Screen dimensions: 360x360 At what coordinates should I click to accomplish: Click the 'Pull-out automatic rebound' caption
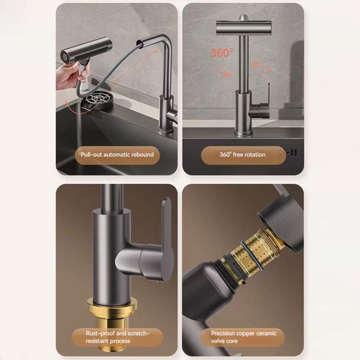pos(117,155)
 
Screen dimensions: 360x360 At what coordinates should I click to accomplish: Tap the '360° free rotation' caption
pos(242,155)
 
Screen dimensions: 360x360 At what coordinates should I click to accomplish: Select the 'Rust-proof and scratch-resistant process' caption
pos(117,337)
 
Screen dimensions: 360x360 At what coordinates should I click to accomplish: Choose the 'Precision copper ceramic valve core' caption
pos(243,337)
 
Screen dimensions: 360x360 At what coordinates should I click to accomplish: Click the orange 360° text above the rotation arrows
pos(222,53)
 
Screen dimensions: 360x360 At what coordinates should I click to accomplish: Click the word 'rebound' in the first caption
pos(142,155)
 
